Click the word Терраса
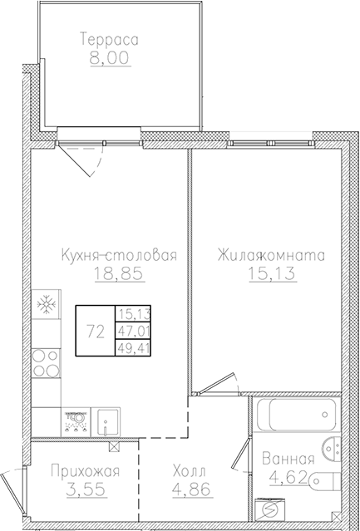tap(109, 38)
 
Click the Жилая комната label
tap(271, 255)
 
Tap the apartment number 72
tap(95, 331)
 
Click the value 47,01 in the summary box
tap(132, 331)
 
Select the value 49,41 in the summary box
tap(132, 347)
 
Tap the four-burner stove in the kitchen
tap(45, 362)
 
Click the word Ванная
tap(288, 459)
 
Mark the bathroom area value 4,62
tap(288, 478)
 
